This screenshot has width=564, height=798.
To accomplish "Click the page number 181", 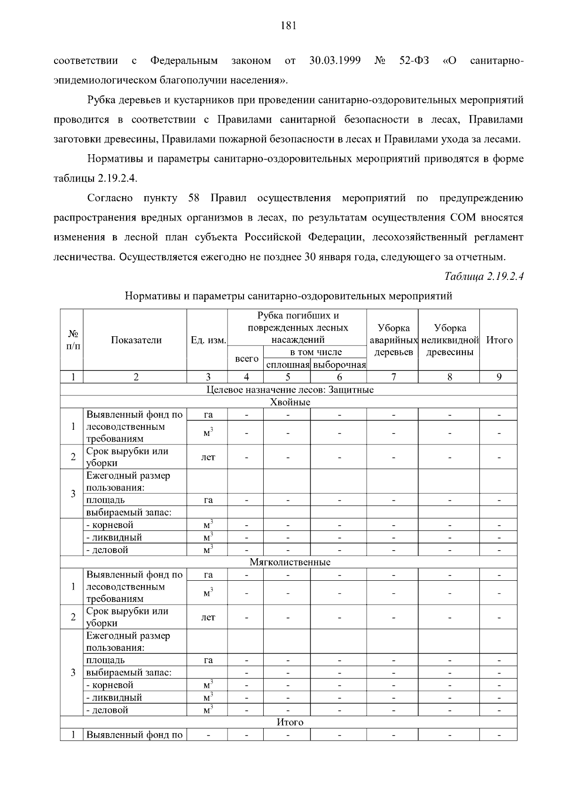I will coord(288,26).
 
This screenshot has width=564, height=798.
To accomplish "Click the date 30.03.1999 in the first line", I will coord(335,61).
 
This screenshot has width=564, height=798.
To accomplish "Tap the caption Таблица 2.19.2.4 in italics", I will coord(484,277).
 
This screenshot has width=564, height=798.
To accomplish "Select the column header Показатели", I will coord(136,340).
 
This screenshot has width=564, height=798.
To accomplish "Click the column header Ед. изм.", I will coord(208,340).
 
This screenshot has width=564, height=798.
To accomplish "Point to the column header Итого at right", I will coord(499,340).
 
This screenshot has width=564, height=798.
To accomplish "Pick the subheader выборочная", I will coord(339,365).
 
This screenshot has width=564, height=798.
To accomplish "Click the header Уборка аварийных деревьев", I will coord(393,340).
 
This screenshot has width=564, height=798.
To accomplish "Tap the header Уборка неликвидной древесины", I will coord(450,340).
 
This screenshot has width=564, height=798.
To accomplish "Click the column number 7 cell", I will coord(393,377).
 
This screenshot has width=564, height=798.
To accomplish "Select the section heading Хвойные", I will coord(290,402).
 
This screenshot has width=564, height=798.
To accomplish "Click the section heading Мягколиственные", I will coord(290,562).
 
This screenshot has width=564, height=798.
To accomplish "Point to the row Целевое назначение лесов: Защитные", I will coord(290,390).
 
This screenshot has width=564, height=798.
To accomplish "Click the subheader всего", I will coord(246,359).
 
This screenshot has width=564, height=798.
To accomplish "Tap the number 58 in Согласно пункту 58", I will coord(194,198).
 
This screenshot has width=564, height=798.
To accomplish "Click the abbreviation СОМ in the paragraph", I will coord(463,218).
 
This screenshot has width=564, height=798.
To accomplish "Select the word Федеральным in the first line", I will coord(184,61).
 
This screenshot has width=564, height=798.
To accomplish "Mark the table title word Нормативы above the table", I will coord(152,296).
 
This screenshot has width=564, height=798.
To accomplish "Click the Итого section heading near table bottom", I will coord(290,722).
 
